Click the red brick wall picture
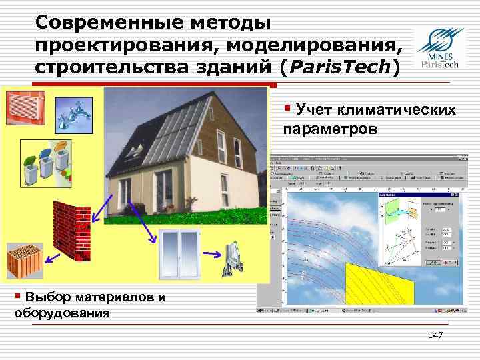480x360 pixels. click(x=74, y=227)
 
